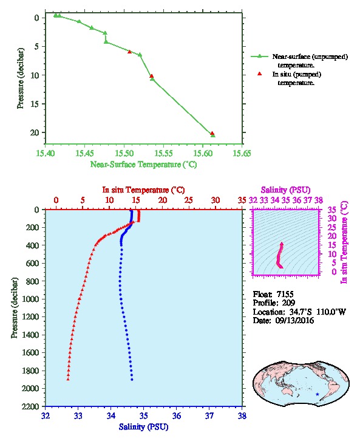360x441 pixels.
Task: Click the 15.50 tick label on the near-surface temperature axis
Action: tap(124, 153)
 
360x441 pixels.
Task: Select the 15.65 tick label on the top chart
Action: tap(242, 153)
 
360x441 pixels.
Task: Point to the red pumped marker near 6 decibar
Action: tap(129, 52)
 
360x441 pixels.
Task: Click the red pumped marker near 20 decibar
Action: tap(212, 133)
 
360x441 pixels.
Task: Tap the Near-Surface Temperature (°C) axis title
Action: tap(144, 165)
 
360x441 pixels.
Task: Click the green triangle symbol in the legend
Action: tap(260, 56)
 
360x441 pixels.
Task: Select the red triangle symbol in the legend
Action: tap(260, 73)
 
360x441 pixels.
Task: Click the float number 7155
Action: tap(285, 294)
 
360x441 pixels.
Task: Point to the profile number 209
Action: tap(288, 303)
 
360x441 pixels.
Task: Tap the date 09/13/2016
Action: tap(294, 320)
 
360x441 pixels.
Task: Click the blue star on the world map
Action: tap(318, 394)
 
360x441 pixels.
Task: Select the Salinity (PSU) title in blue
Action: tap(144, 427)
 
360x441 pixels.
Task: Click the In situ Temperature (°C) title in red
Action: tap(143, 190)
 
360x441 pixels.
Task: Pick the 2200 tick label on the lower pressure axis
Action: tap(30, 406)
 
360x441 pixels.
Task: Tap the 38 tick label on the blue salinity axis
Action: tap(242, 416)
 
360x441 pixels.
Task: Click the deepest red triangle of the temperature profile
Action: tap(68, 379)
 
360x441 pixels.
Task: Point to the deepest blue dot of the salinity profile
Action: tap(132, 380)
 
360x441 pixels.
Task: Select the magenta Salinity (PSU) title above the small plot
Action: tap(285, 190)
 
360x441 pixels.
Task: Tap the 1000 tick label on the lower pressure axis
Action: tap(30, 299)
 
